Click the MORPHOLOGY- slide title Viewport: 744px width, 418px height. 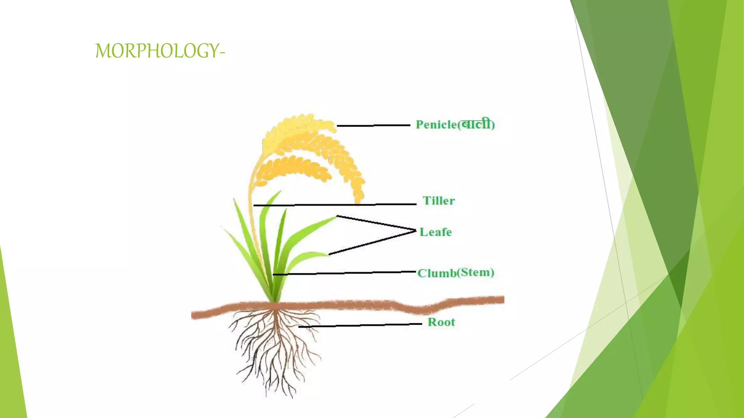point(160,51)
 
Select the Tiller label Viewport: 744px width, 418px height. point(438,201)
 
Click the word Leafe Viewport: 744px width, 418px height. point(436,232)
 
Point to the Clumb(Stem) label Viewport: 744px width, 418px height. point(456,273)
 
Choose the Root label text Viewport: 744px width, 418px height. point(441,322)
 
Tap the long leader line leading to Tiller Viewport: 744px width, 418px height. point(334,205)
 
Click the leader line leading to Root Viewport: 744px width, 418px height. point(360,325)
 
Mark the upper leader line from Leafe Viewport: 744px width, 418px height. point(376,223)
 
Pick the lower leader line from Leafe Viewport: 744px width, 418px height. point(372,242)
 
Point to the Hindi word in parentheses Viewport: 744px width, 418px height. point(476,125)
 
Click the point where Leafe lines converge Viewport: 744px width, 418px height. point(415,230)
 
